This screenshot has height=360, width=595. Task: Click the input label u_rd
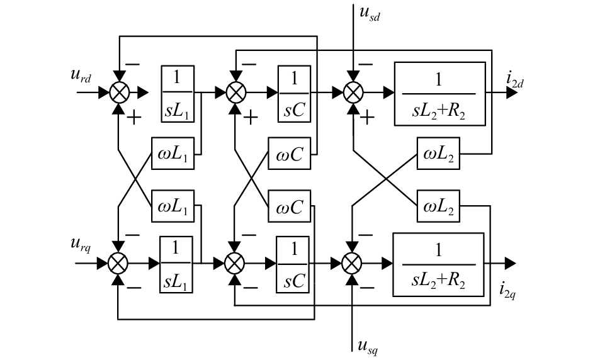[x=83, y=77]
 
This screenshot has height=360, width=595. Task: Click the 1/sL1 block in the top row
[x=178, y=92]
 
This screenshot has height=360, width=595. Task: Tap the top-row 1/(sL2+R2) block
[x=439, y=92]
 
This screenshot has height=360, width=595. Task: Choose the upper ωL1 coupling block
[x=173, y=154]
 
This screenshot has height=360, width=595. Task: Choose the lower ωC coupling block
[x=289, y=206]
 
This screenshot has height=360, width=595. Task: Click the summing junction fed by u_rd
[x=119, y=92]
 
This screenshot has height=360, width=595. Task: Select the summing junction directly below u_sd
[x=353, y=92]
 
